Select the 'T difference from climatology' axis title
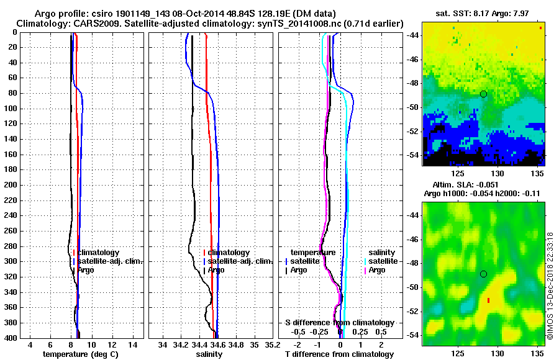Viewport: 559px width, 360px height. click(339, 354)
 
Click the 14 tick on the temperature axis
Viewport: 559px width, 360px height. click(132, 344)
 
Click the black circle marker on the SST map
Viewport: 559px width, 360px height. click(483, 94)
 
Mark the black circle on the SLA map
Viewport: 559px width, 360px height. click(483, 274)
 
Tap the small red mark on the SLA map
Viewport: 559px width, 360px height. click(489, 300)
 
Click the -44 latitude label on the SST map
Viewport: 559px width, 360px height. click(411, 35)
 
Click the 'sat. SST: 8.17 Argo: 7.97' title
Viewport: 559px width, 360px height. click(484, 13)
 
